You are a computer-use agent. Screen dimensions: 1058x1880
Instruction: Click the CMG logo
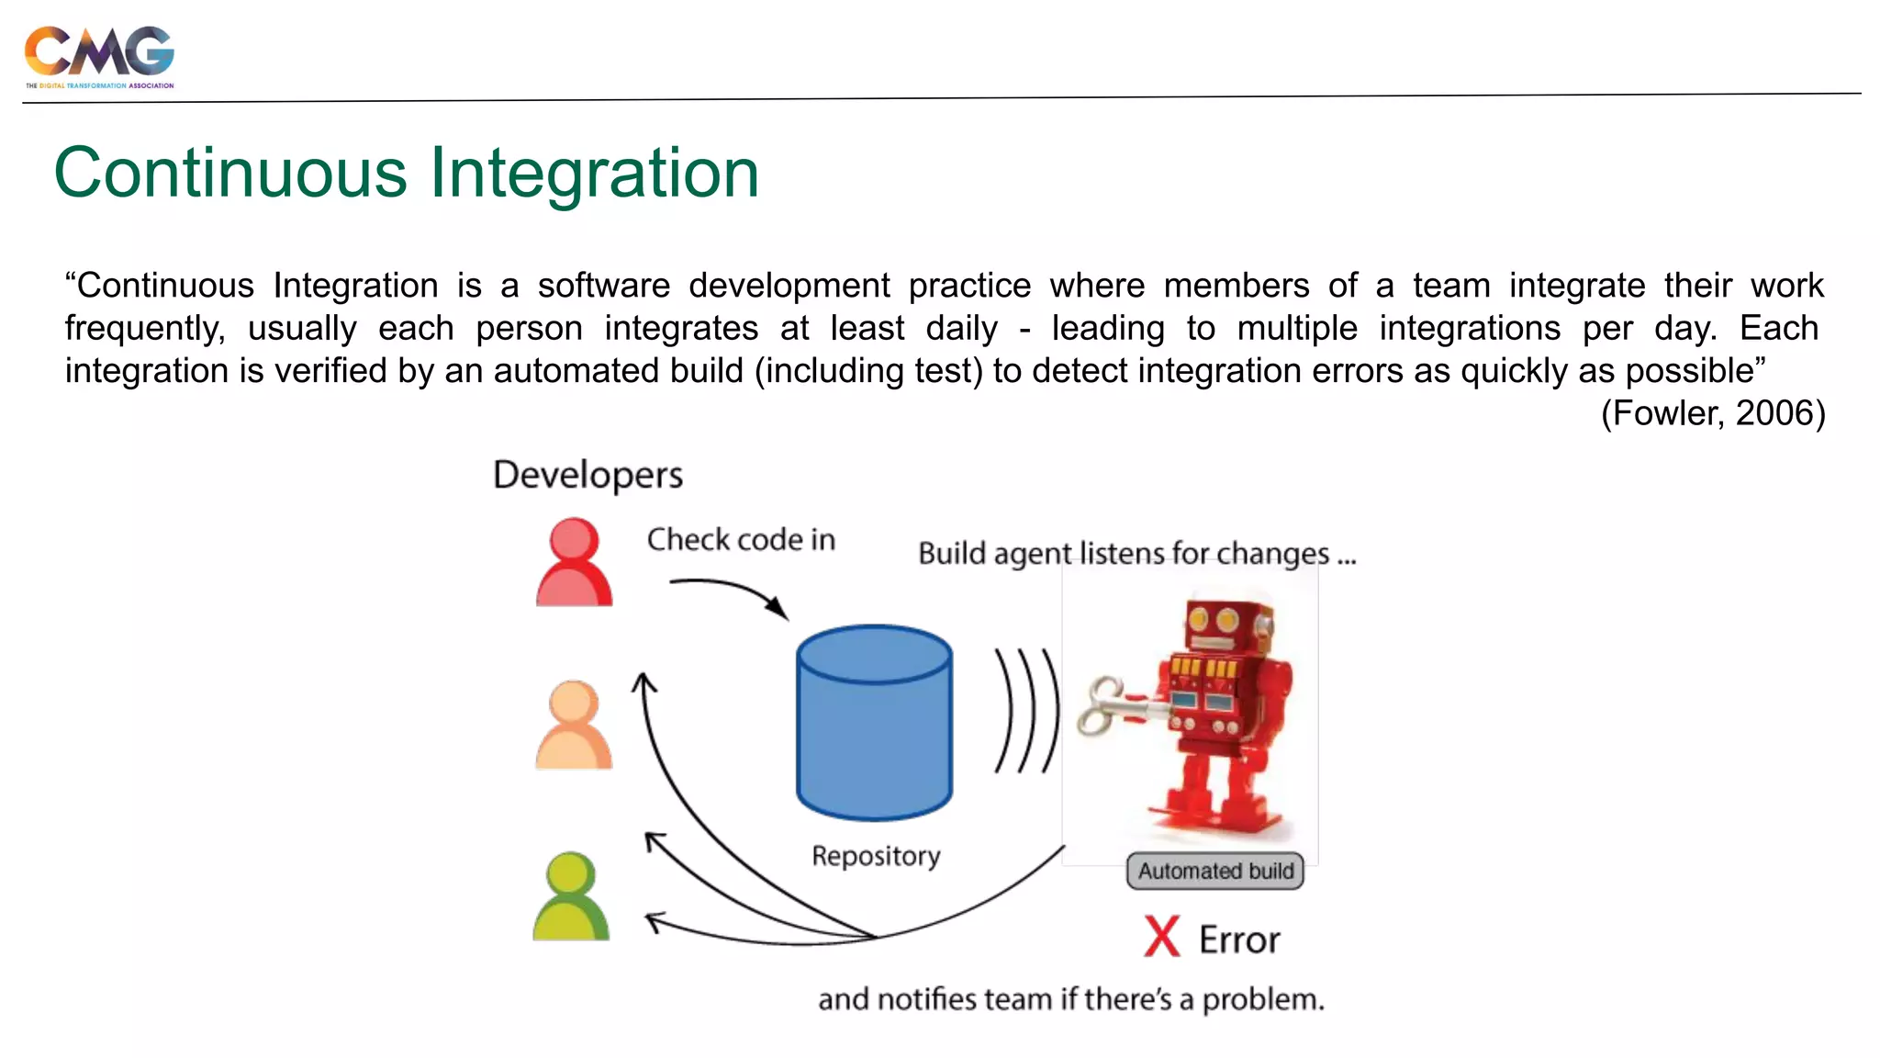(99, 55)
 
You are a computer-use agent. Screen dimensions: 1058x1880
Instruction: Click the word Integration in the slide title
(594, 173)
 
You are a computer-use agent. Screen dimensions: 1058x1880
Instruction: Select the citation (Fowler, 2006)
(1713, 413)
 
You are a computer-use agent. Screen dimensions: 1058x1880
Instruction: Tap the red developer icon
(574, 562)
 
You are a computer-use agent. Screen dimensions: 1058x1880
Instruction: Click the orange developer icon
(574, 725)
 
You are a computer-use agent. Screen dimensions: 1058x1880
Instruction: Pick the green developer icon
(571, 896)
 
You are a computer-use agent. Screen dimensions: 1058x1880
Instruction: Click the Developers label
(587, 476)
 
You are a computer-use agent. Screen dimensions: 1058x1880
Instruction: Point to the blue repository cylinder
(874, 723)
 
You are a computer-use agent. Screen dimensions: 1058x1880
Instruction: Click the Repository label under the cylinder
(876, 856)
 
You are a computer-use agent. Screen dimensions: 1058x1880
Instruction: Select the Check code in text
(741, 540)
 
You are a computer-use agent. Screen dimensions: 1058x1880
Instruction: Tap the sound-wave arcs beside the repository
(1026, 710)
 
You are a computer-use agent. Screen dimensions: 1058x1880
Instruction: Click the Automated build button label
(1214, 871)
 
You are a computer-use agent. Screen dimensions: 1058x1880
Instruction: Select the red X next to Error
(1161, 937)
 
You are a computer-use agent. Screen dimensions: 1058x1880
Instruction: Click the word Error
(1239, 940)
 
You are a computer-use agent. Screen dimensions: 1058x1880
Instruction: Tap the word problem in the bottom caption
(1262, 1000)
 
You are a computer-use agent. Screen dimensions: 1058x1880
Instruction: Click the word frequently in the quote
(144, 329)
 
